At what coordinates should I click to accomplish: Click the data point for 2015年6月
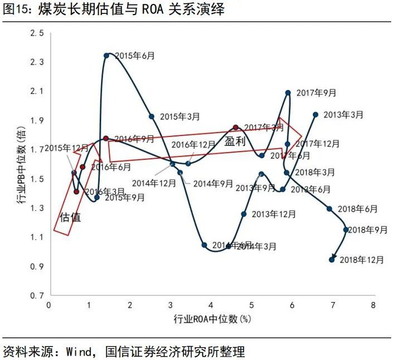106,55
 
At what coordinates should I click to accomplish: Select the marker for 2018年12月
332,259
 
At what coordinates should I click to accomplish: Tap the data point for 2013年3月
315,114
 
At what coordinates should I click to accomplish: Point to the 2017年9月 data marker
288,93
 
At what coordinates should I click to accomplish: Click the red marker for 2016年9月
106,138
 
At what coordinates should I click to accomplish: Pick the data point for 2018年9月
346,230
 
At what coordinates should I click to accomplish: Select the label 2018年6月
357,209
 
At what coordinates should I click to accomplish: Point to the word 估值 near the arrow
70,217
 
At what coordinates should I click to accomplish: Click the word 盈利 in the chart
235,142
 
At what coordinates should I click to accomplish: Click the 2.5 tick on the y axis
37,34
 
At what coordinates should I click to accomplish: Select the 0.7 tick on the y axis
37,295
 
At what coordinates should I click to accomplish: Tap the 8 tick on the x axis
373,305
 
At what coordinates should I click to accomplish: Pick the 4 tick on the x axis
211,305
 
